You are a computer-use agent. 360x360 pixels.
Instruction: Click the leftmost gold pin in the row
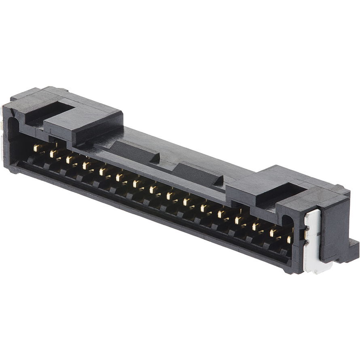[38, 148]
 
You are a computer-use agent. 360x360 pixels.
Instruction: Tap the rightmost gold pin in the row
[289, 239]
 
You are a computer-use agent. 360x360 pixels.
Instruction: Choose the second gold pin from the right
[273, 233]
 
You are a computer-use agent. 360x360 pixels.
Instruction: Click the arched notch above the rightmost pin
[288, 220]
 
